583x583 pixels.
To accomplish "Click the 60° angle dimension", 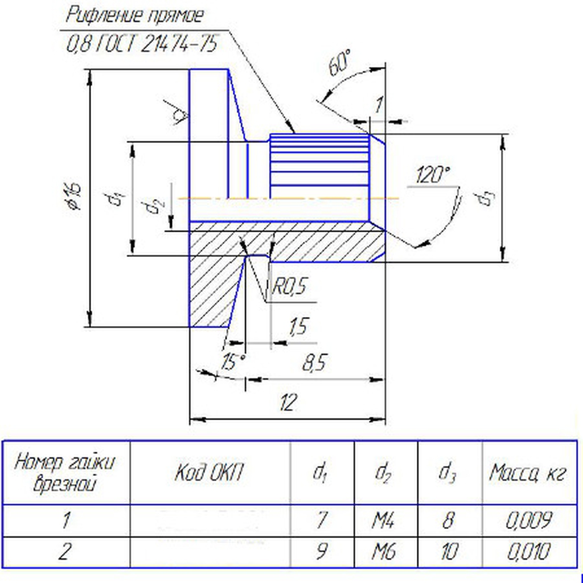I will click(x=340, y=64).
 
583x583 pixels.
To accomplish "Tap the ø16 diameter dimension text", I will click(x=73, y=196).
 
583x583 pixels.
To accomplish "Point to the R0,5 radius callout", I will click(x=289, y=286).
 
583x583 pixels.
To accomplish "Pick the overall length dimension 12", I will click(x=289, y=403).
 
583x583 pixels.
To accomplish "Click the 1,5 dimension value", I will click(x=297, y=327).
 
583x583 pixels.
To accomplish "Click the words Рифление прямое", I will click(x=134, y=15).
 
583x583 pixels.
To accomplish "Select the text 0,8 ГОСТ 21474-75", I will click(x=142, y=44).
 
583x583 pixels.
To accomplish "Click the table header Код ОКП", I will click(x=211, y=473).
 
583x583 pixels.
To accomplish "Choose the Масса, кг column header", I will click(x=529, y=473).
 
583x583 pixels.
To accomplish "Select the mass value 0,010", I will click(x=529, y=552).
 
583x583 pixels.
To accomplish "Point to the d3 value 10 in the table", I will click(x=450, y=552).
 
